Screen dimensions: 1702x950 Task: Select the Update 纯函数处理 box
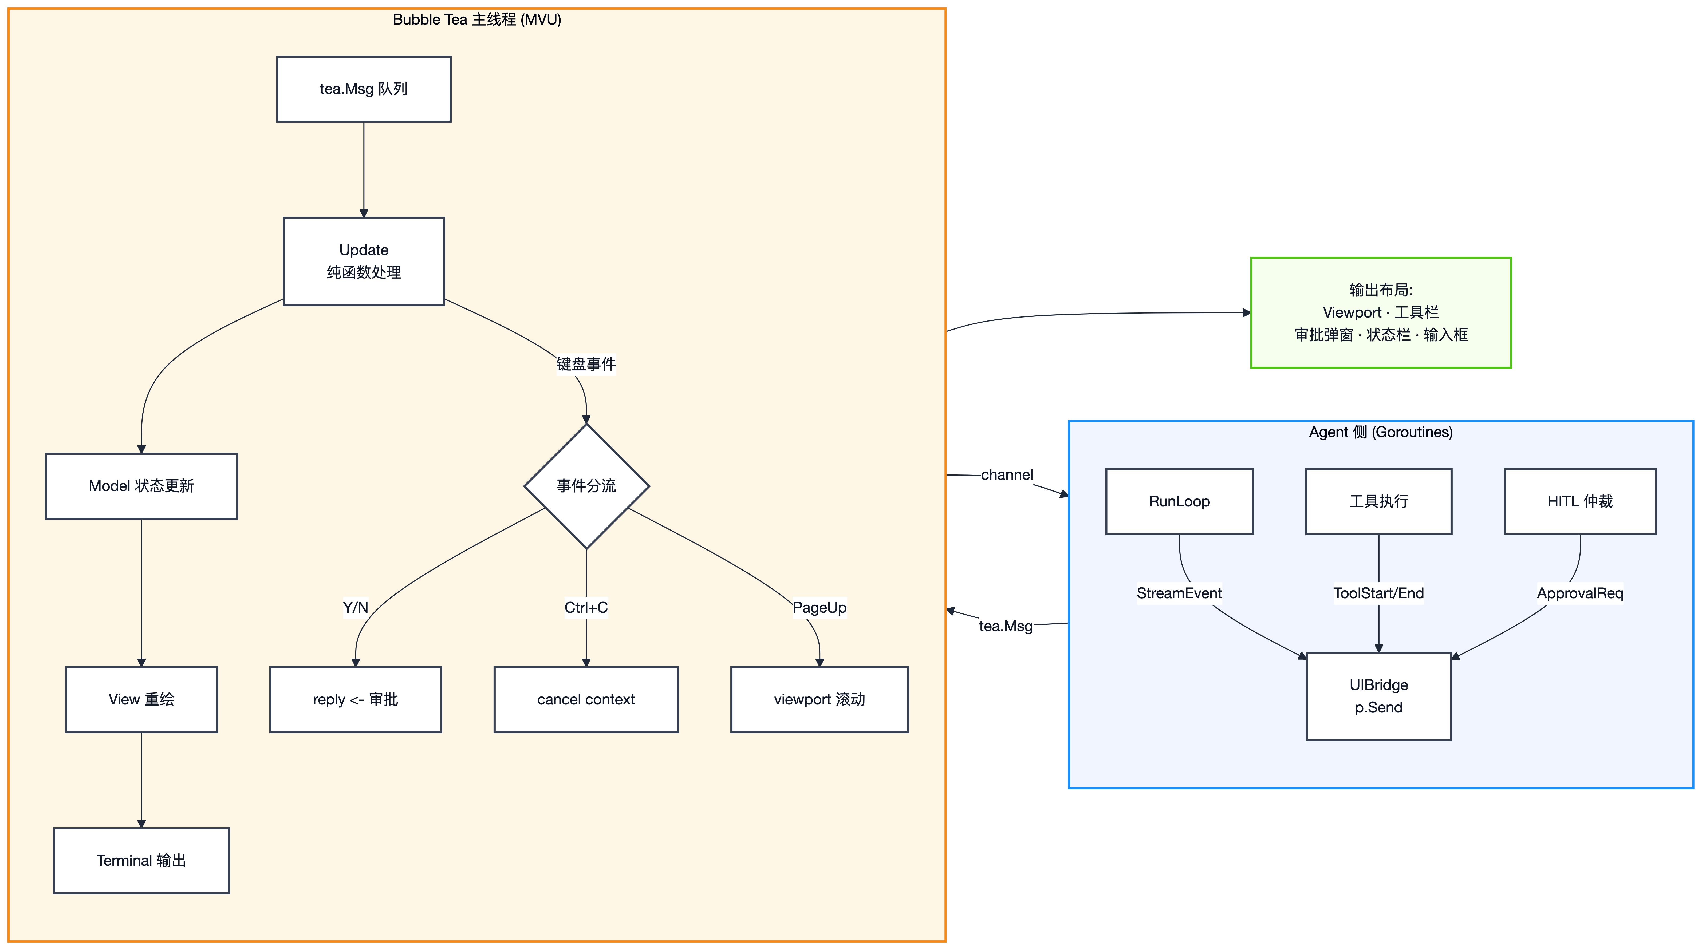click(x=363, y=261)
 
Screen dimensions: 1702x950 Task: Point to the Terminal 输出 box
click(x=141, y=860)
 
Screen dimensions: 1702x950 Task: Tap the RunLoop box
click(x=1179, y=501)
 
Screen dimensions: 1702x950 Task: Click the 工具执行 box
click(x=1379, y=501)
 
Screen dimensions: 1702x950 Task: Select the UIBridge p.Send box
click(x=1379, y=696)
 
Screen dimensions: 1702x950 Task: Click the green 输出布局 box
click(x=1381, y=312)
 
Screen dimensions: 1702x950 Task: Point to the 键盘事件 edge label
click(x=586, y=364)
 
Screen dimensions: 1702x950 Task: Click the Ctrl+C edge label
click(x=586, y=607)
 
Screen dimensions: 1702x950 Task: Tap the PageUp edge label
click(x=819, y=607)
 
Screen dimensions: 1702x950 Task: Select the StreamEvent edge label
click(x=1179, y=593)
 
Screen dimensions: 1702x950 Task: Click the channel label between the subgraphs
click(x=1007, y=474)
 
